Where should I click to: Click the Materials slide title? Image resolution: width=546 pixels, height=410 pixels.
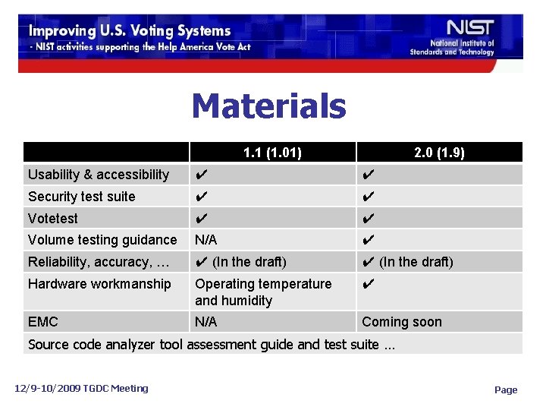pyautogui.click(x=268, y=106)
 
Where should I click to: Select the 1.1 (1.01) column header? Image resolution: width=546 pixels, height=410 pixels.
pyautogui.click(x=272, y=153)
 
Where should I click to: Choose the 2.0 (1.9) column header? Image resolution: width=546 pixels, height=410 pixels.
pyautogui.click(x=439, y=153)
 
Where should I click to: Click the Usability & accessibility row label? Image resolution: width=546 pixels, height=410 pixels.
pyautogui.click(x=99, y=175)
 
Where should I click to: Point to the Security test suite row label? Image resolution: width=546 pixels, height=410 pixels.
pyautogui.click(x=82, y=197)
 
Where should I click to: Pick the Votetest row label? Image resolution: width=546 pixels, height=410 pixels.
pyautogui.click(x=53, y=219)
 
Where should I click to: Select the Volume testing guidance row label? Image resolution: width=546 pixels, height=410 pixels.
pyautogui.click(x=102, y=240)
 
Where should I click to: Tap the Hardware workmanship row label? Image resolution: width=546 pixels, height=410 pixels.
pyautogui.click(x=99, y=284)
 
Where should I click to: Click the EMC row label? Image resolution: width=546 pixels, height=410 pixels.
pyautogui.click(x=43, y=322)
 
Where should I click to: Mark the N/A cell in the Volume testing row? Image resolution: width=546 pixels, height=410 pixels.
pyautogui.click(x=206, y=240)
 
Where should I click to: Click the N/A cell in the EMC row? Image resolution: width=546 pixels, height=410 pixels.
pyautogui.click(x=206, y=322)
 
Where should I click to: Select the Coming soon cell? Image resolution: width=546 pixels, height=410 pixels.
pyautogui.click(x=402, y=322)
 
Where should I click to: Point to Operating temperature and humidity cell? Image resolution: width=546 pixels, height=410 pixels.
pyautogui.click(x=263, y=292)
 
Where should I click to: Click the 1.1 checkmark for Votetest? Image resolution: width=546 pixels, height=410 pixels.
pyautogui.click(x=201, y=219)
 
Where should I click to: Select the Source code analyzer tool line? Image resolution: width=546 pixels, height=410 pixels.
pyautogui.click(x=212, y=345)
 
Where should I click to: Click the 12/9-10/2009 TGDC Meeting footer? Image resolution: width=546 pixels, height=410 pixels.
pyautogui.click(x=82, y=388)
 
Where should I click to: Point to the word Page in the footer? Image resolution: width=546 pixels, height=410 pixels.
pyautogui.click(x=506, y=389)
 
